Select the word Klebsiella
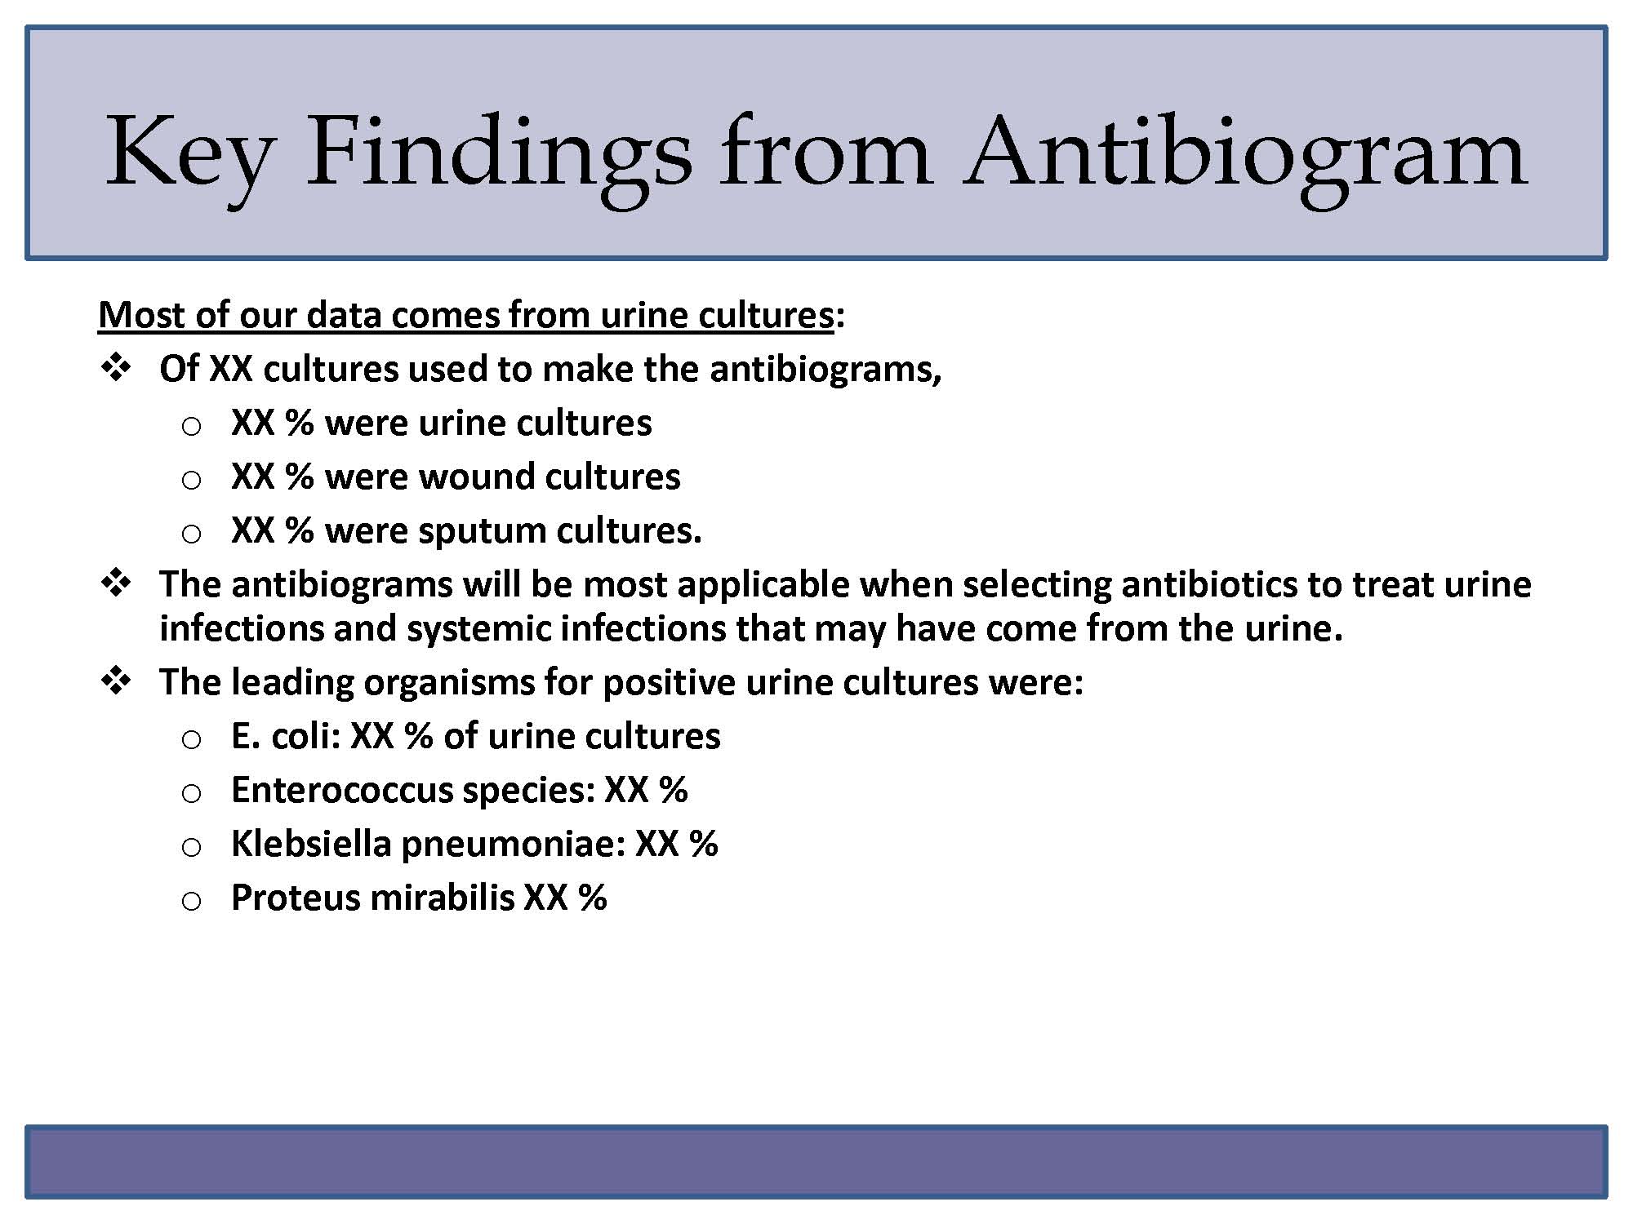311,844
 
